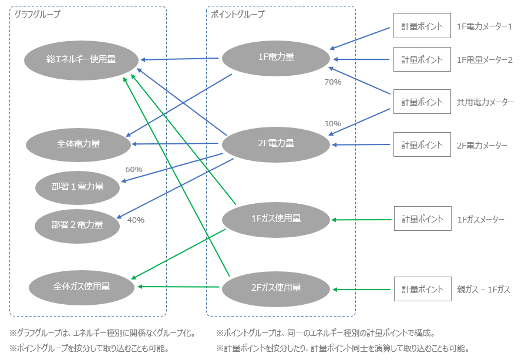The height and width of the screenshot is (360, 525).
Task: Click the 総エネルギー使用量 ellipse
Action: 81,59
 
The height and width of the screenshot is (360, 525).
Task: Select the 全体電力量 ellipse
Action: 78,143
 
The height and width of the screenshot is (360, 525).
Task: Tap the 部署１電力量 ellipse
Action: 78,187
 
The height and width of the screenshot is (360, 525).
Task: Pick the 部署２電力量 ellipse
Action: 77,224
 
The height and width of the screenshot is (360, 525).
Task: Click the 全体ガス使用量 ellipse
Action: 82,287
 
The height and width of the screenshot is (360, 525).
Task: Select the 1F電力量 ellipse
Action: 276,57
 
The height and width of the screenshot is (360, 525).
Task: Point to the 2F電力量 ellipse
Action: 276,143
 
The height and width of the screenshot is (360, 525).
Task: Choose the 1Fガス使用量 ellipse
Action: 276,218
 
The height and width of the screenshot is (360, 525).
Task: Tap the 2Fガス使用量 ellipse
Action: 276,288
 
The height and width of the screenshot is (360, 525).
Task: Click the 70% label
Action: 333,82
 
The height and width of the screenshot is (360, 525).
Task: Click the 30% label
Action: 333,124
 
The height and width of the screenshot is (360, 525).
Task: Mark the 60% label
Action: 134,169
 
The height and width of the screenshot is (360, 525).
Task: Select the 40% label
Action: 136,220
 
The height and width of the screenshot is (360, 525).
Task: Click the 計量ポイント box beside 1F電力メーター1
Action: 422,27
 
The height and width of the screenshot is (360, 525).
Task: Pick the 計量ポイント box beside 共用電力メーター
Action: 422,102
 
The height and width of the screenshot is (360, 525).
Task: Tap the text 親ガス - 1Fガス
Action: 483,290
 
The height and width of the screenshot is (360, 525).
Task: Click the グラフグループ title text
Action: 37,14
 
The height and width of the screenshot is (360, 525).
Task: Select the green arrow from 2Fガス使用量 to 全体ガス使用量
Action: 178,287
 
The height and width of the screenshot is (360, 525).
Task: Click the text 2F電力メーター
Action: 482,145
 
